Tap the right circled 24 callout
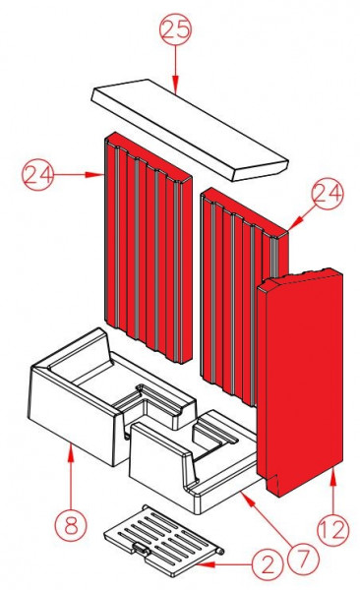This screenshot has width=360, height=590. (326, 195)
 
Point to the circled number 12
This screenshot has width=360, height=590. (332, 530)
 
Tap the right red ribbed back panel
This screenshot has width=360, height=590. (236, 285)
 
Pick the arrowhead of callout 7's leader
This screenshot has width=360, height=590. (241, 497)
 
